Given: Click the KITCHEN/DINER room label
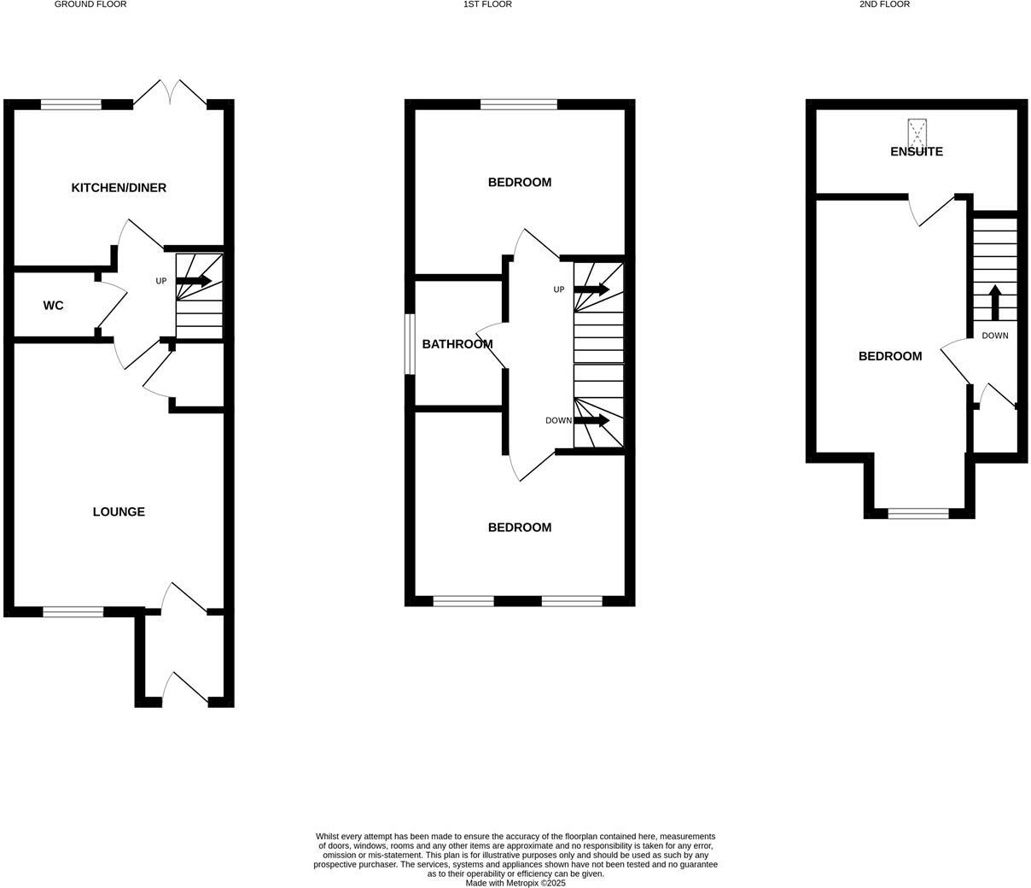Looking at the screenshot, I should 119,188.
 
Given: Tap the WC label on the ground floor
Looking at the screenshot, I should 53,306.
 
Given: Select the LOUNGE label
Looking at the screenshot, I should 119,512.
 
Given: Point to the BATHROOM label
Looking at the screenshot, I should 457,345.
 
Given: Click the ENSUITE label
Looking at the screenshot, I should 917,152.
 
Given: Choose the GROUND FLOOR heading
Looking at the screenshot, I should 90,4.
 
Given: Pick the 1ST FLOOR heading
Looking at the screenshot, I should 487,4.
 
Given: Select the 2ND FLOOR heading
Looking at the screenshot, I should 884,4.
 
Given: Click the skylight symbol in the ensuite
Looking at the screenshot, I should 917,131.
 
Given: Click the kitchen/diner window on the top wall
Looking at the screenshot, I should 71,105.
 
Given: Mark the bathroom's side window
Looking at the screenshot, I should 410,344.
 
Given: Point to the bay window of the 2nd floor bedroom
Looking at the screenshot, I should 918,513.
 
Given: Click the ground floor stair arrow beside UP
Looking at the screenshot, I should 194,281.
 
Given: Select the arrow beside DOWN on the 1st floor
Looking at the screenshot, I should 591,420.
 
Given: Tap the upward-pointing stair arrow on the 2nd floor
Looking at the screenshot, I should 995,302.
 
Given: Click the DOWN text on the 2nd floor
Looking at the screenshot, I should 995,336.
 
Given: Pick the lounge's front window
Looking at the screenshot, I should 73,611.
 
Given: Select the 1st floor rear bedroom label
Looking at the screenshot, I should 520,183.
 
